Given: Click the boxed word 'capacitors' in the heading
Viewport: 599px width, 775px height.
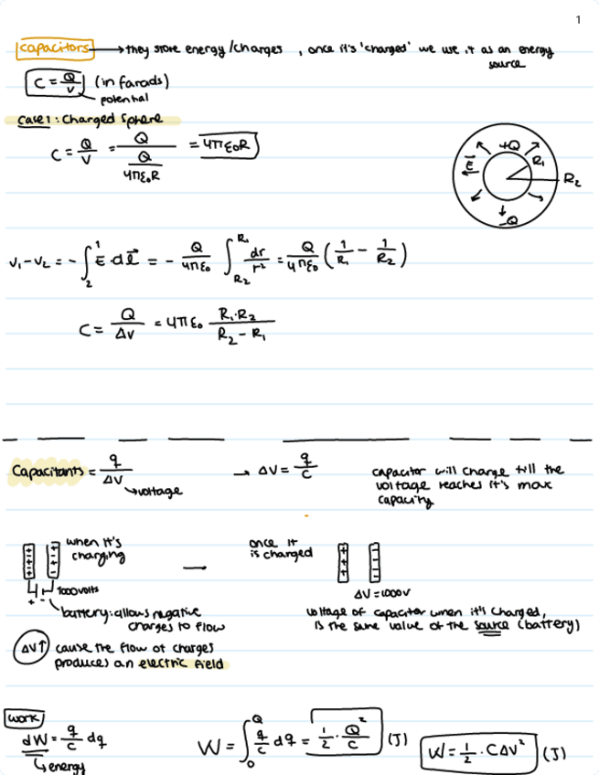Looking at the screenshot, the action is point(54,48).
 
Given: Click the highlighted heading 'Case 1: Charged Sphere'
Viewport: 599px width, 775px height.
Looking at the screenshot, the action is point(91,119).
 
